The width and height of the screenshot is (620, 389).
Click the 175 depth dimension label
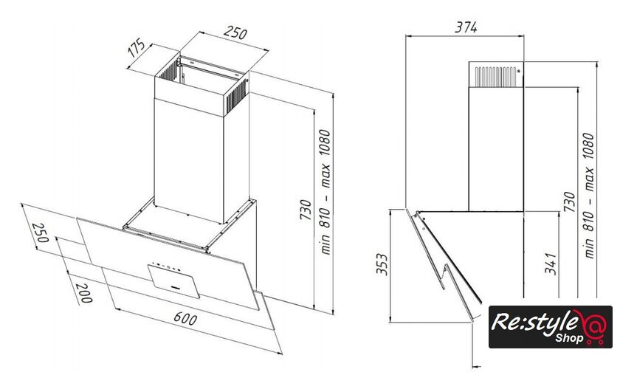coord(135,50)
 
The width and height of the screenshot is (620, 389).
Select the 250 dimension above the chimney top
coord(235,33)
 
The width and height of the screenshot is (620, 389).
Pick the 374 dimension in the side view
coord(466,27)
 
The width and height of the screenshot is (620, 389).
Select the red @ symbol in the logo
coord(593,325)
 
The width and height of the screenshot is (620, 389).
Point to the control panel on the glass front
coord(175,278)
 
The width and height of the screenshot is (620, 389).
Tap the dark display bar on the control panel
coord(171,283)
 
